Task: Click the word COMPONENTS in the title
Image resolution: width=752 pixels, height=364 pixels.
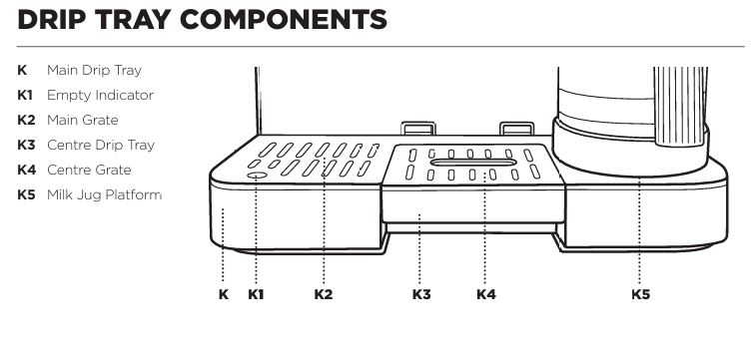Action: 284,20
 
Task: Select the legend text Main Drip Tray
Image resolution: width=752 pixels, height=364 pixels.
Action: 95,71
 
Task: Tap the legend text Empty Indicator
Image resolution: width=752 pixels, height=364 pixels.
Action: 100,96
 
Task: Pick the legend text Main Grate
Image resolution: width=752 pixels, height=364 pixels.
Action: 83,120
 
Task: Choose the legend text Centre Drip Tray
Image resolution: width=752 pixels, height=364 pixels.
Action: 101,146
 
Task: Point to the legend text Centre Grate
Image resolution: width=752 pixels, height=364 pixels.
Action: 89,170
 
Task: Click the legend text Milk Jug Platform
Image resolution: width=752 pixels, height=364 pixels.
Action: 104,194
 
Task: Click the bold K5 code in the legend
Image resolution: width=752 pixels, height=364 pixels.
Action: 26,194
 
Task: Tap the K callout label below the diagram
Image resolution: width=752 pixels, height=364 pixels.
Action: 224,294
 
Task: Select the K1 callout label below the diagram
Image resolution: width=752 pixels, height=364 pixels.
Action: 256,294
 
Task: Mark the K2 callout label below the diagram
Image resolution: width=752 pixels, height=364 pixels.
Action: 324,294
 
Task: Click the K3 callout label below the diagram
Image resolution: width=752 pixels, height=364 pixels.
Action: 421,294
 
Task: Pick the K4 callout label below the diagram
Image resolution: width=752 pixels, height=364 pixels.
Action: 485,294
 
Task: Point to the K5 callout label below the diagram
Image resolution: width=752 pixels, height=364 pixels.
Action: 641,294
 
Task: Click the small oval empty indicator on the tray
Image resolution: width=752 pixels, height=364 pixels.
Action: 257,176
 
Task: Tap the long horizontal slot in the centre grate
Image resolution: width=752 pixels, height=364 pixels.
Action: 473,163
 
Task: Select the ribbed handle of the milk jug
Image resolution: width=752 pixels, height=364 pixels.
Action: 681,106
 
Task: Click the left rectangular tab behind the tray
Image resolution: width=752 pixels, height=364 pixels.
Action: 418,129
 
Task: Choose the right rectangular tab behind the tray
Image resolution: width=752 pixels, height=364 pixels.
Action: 516,129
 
